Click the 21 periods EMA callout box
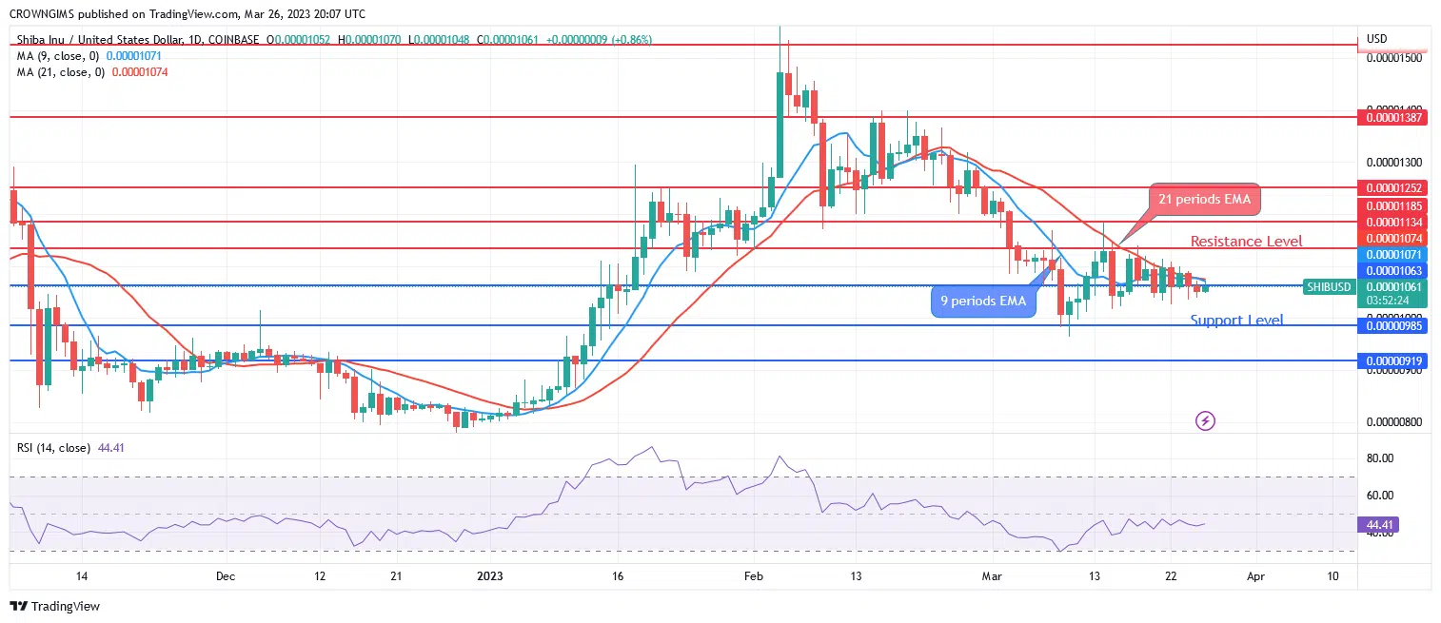point(1204,200)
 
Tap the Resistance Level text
point(1246,242)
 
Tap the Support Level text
point(1236,321)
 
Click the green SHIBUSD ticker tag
point(1329,287)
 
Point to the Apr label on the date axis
point(1256,576)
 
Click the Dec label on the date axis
point(226,576)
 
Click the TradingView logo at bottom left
point(55,606)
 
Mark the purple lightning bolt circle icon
point(1205,420)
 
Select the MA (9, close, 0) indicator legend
point(58,56)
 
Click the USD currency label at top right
point(1376,39)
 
